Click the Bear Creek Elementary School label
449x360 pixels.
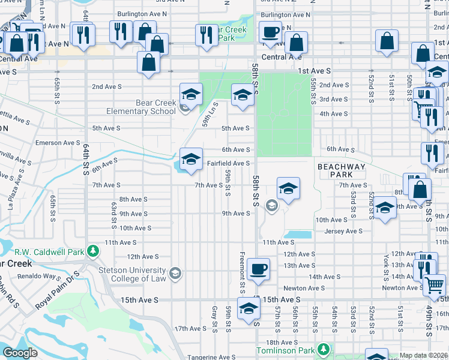(141, 107)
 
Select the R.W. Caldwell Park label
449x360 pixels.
(51, 252)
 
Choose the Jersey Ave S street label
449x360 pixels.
(343, 231)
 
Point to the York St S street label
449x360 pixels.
(385, 267)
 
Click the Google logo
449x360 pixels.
(20, 353)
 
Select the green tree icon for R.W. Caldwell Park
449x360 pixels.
(92, 250)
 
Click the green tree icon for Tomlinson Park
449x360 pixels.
(324, 349)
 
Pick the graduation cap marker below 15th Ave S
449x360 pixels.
(247, 308)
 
